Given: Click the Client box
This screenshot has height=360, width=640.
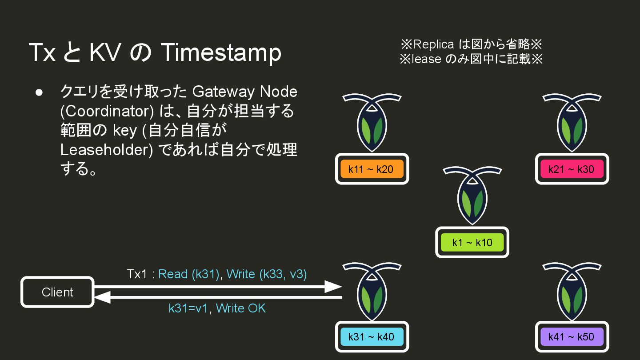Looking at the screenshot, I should click(57, 292).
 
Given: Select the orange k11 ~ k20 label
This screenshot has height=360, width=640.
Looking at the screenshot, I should click(371, 169).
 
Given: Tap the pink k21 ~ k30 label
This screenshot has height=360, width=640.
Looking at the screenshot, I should click(571, 169).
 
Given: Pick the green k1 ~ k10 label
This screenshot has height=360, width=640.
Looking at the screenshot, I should click(472, 242).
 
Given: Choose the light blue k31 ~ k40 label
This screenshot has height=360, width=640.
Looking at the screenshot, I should click(371, 336).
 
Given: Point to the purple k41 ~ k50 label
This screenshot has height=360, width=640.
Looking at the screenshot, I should click(571, 336).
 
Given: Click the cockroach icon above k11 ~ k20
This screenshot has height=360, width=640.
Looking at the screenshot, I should click(372, 122).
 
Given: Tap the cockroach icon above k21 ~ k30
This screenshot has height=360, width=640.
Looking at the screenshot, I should click(571, 122).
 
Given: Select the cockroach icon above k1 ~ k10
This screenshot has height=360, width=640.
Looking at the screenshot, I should click(472, 196).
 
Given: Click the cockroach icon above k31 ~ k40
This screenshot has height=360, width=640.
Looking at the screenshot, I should click(372, 291).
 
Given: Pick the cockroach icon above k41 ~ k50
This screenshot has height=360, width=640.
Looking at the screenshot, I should click(571, 291).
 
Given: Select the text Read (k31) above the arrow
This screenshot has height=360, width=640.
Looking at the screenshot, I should click(189, 274).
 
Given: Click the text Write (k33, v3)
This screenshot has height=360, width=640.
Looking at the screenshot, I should click(267, 274).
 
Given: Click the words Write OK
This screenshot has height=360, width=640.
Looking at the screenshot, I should click(240, 308).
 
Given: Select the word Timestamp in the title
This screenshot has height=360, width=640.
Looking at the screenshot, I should click(221, 53).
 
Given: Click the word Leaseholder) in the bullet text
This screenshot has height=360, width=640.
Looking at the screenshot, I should click(107, 150).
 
